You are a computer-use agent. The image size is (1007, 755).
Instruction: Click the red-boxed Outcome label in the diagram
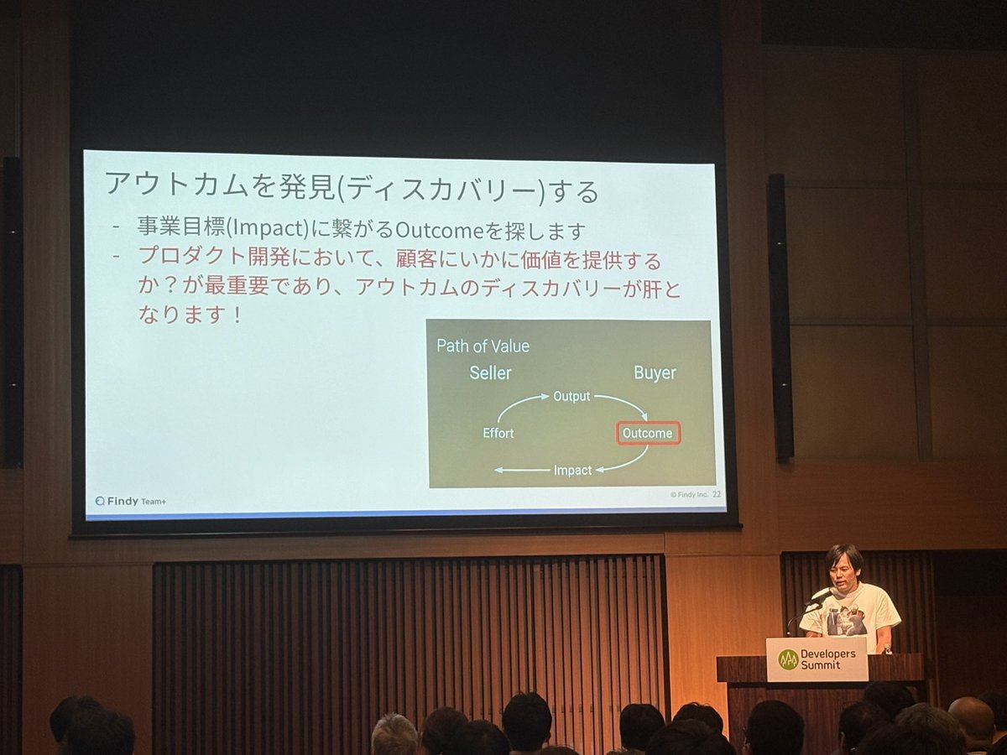(648, 433)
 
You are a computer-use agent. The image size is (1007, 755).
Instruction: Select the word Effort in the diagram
(498, 433)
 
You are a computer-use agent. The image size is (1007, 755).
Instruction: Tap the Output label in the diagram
(571, 396)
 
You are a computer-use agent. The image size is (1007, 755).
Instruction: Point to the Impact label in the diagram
(573, 471)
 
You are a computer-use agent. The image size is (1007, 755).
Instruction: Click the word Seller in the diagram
(490, 372)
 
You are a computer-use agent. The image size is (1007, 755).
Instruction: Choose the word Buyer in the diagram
(655, 372)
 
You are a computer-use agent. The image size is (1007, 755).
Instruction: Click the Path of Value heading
(483, 346)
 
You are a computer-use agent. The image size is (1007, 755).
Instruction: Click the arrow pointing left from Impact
(522, 471)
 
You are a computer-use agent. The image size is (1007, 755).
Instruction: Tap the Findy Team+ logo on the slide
(131, 501)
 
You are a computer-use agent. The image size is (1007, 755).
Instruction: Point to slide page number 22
(717, 494)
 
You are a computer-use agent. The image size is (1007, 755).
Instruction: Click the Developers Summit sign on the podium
(817, 659)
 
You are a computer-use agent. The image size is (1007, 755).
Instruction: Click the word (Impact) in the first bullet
(269, 228)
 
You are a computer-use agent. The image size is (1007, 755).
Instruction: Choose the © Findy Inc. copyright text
(689, 495)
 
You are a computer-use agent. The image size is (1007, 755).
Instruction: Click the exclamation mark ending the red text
(237, 315)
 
